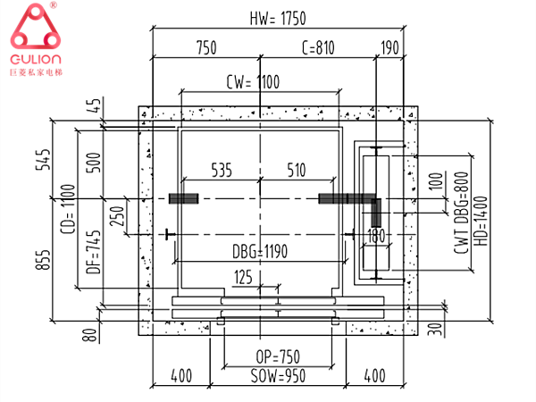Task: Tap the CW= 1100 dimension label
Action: point(253,83)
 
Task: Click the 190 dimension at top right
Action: point(389,48)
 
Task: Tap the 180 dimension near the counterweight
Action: point(374,236)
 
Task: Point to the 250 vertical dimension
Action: point(115,216)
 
